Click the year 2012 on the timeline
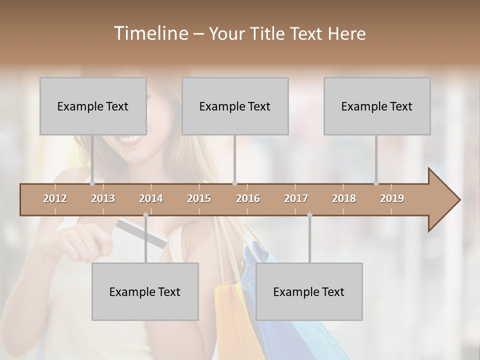tap(55, 198)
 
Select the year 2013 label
tap(103, 198)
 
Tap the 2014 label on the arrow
tap(151, 198)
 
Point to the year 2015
tap(199, 198)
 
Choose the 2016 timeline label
tap(248, 198)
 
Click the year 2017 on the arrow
tap(296, 198)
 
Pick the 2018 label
tap(344, 198)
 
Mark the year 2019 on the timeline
tap(392, 198)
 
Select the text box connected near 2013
tap(93, 106)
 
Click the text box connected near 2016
tap(235, 106)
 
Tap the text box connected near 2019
tap(377, 106)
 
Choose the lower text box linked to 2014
tap(145, 291)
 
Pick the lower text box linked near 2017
tap(309, 291)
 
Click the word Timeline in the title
tap(150, 33)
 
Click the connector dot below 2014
tap(145, 215)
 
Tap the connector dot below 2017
tap(309, 215)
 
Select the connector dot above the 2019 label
tap(376, 183)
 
